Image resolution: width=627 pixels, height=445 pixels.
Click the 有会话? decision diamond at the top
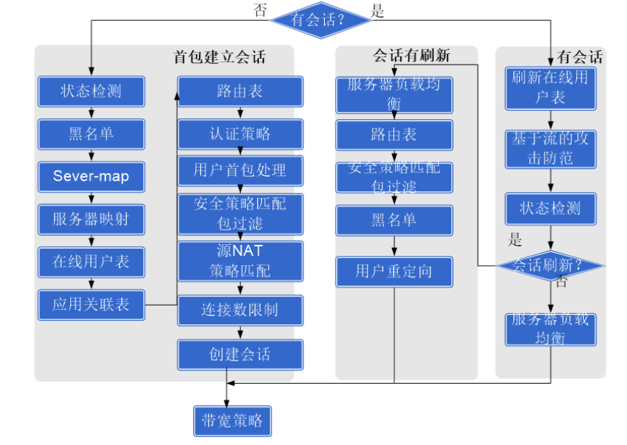[320, 20]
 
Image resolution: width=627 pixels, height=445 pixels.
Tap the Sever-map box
[91, 176]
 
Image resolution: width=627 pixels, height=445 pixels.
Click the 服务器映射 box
[91, 219]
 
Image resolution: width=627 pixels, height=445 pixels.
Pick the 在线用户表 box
[91, 262]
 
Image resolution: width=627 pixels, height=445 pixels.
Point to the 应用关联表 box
[91, 304]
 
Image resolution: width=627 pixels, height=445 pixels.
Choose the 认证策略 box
[240, 134]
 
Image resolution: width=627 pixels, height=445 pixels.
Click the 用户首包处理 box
[240, 170]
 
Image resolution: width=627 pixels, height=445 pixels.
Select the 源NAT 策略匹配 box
[240, 261]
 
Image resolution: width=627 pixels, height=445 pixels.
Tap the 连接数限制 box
[240, 310]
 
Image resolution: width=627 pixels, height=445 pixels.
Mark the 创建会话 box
[240, 354]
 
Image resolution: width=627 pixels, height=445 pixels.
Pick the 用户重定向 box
[394, 272]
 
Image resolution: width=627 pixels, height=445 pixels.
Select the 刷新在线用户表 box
[550, 87]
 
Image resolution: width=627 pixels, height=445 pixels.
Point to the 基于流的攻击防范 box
[550, 148]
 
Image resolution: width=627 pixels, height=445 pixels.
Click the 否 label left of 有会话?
[260, 10]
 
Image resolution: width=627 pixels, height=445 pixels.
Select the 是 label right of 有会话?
[378, 11]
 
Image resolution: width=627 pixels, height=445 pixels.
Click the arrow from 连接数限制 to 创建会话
[240, 332]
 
